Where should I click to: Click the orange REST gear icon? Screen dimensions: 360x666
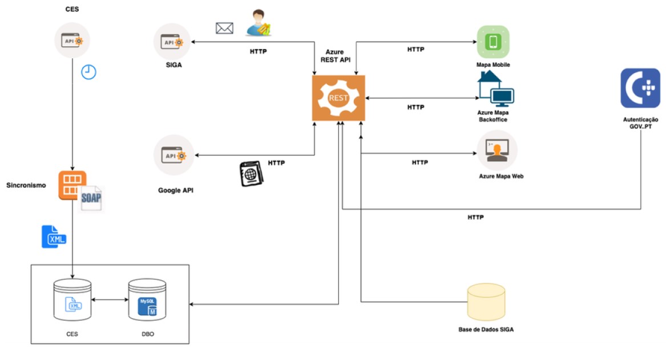[x=339, y=98]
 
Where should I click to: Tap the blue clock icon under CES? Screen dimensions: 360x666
[x=88, y=72]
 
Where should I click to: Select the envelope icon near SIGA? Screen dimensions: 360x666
[x=224, y=27]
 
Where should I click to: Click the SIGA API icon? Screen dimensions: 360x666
[x=172, y=42]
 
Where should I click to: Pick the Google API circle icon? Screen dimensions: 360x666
[x=173, y=155]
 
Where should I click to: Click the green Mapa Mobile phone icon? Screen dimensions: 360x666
[x=493, y=42]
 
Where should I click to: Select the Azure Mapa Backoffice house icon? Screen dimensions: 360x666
[x=494, y=91]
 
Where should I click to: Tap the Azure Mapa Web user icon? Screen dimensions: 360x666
[x=497, y=149]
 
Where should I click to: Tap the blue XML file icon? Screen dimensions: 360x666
[x=54, y=237]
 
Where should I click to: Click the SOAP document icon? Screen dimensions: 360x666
[x=92, y=199]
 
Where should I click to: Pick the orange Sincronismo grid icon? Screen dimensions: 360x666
[x=72, y=185]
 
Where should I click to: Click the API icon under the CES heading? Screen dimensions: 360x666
[x=72, y=41]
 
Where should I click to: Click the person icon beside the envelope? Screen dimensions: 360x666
[x=257, y=23]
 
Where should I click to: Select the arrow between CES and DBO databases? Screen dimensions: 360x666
[x=110, y=299]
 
